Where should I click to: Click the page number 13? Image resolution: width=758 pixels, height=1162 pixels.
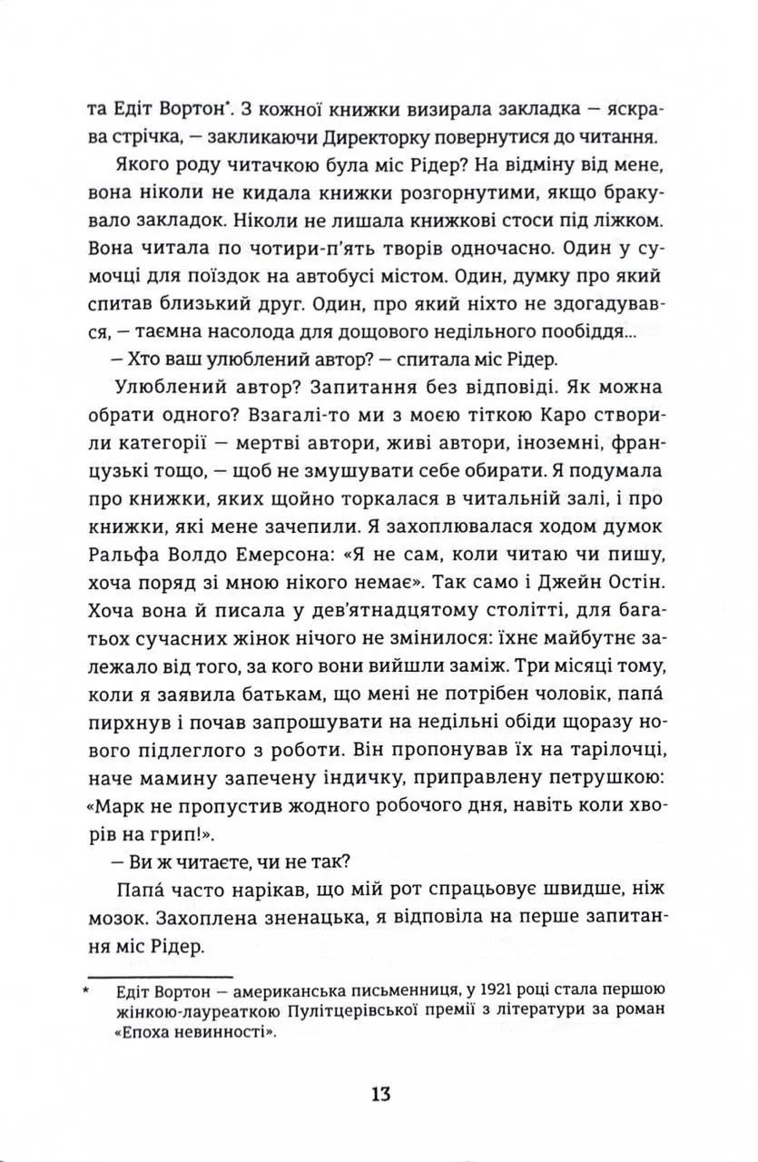380,1093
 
